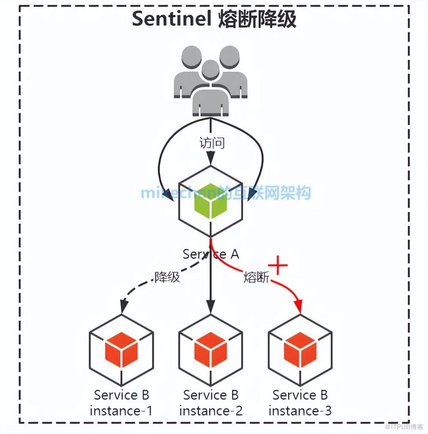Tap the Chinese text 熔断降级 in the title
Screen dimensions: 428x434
click(257, 19)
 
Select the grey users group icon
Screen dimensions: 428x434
click(211, 80)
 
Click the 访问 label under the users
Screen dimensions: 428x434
click(212, 143)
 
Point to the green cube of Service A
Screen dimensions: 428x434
click(211, 201)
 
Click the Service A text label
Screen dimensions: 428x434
click(211, 254)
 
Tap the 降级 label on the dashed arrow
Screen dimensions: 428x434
click(167, 277)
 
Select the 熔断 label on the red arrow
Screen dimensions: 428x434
click(256, 277)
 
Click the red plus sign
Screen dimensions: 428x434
click(278, 265)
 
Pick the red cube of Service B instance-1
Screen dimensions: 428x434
click(121, 350)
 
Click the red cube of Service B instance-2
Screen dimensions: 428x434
click(211, 350)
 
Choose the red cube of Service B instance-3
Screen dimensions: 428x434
click(300, 350)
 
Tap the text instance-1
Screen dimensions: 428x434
click(121, 411)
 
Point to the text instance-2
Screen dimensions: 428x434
click(211, 411)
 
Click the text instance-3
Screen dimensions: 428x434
click(300, 411)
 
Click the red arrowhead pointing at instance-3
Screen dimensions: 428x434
click(299, 306)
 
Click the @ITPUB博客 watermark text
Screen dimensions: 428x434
click(404, 426)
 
